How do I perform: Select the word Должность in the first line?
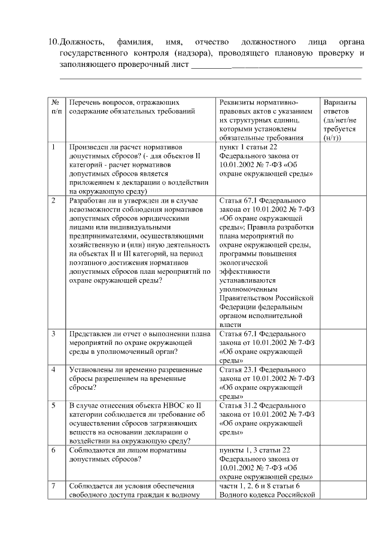[x=83, y=42]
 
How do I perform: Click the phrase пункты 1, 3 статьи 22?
[x=254, y=450]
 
